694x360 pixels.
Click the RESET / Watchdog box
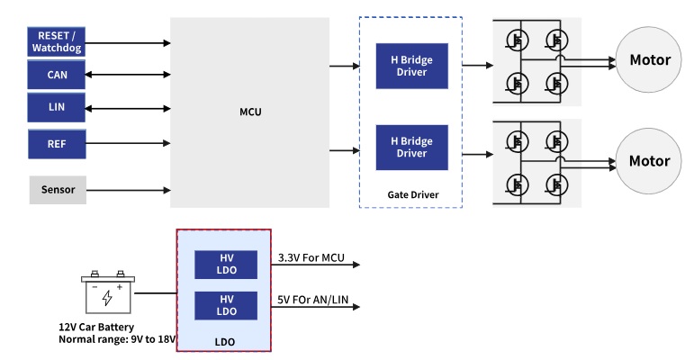[58, 41]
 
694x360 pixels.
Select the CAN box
[58, 75]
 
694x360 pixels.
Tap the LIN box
[58, 109]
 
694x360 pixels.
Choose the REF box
[58, 142]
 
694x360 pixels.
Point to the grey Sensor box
[58, 190]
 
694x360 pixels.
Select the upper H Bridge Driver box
[411, 66]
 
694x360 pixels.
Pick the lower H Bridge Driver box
[411, 148]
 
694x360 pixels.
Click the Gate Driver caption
[411, 193]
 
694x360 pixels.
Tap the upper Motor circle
[649, 61]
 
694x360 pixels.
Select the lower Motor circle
[649, 161]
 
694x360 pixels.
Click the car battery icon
[107, 293]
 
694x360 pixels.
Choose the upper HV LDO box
[226, 265]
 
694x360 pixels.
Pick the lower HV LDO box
[226, 305]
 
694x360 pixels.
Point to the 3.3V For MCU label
[317, 258]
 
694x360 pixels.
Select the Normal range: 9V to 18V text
[114, 341]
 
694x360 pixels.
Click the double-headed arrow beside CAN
[129, 75]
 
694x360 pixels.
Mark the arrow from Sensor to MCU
[129, 190]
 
